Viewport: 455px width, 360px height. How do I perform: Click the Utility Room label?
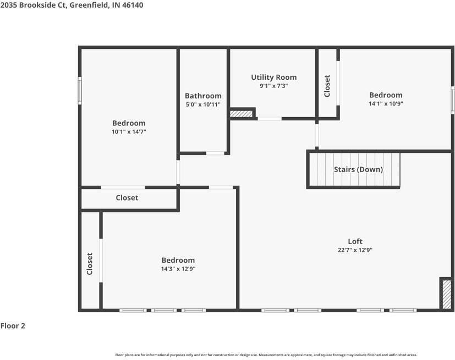[x=273, y=77]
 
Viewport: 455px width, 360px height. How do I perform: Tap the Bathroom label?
[x=203, y=96]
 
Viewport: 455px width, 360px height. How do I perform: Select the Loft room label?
[x=355, y=241]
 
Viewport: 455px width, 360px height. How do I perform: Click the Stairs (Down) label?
[x=358, y=170]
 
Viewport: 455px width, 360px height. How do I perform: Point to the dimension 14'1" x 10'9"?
[x=386, y=104]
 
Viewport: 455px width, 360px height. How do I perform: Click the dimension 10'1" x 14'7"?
[x=129, y=132]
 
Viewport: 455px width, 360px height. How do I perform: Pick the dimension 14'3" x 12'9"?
[x=178, y=269]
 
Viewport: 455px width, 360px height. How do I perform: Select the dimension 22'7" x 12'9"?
[x=355, y=250]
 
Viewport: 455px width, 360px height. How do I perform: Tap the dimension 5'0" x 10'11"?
[x=203, y=104]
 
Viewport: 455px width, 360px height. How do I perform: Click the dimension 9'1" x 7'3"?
[x=273, y=86]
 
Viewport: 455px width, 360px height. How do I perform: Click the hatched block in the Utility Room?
[x=241, y=114]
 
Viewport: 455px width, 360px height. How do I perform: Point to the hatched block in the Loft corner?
[x=447, y=294]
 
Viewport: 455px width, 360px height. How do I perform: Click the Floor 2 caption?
[x=13, y=326]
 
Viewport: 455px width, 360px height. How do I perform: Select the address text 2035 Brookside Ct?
[x=34, y=5]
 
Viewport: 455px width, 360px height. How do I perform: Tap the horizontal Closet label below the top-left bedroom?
[x=127, y=198]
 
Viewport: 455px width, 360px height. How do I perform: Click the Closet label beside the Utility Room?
[x=327, y=86]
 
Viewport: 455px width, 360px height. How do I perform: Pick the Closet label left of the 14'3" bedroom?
[x=89, y=264]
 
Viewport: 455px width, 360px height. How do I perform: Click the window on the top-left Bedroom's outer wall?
[x=80, y=91]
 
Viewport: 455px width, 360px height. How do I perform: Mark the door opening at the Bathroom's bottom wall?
[x=215, y=153]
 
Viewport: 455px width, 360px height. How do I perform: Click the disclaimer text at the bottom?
[x=266, y=355]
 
